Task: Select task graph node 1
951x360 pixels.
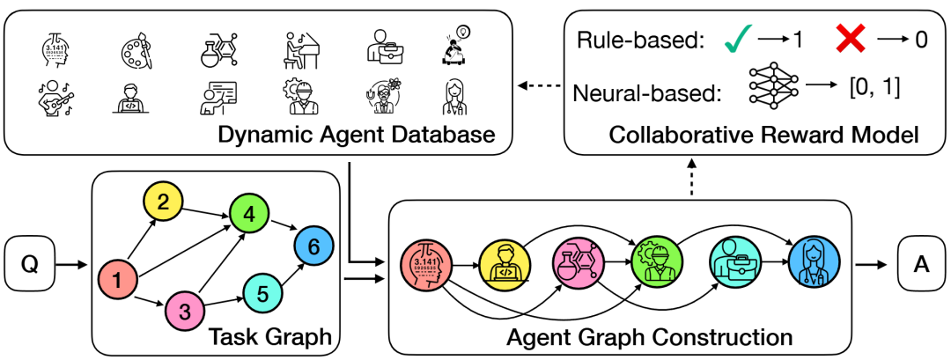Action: click(117, 281)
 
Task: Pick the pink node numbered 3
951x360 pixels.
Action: click(185, 312)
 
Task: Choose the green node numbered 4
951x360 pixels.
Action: click(247, 213)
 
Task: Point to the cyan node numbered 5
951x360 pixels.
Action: click(262, 288)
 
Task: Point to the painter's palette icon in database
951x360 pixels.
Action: click(135, 48)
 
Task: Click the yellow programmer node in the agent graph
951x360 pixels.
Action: click(499, 261)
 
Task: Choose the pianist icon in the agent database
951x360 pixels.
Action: click(299, 48)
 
